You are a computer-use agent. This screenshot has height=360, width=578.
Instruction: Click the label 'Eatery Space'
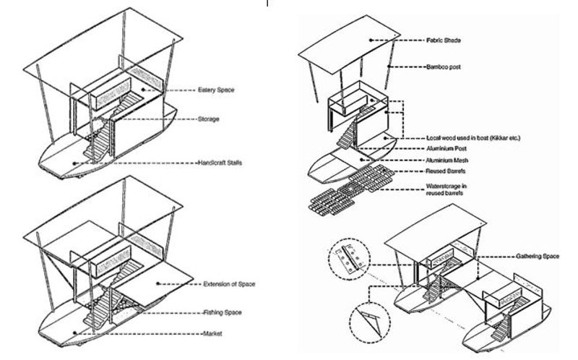click(220, 90)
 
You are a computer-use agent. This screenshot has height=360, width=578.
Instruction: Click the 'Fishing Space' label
click(222, 312)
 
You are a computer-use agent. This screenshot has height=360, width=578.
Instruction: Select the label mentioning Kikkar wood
click(474, 137)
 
